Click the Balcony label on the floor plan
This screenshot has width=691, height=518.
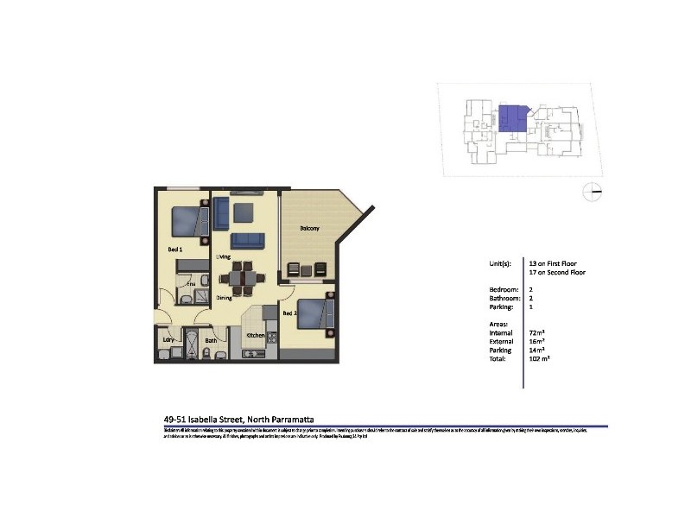(309, 229)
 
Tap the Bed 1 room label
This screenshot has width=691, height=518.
(174, 250)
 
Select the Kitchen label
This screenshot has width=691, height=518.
(255, 335)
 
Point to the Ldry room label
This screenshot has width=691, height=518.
(168, 340)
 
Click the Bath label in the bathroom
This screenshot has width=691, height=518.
(211, 340)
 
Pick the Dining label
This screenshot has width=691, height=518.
(224, 297)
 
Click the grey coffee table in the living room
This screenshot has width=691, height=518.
(244, 209)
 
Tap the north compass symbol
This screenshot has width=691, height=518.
(592, 192)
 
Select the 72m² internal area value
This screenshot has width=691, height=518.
(536, 332)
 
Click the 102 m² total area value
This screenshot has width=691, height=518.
(539, 357)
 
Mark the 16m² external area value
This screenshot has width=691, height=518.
(536, 341)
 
